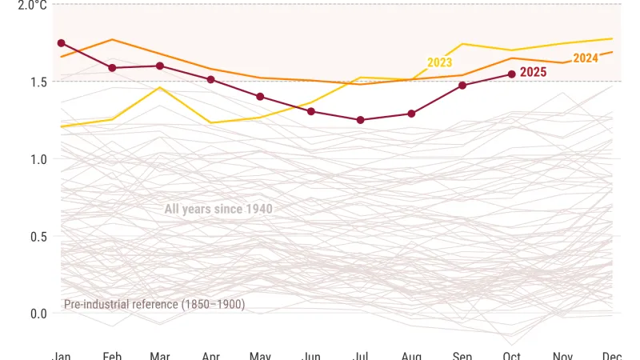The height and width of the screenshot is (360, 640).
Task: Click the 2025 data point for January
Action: [62, 43]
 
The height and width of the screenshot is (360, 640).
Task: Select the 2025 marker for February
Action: [112, 68]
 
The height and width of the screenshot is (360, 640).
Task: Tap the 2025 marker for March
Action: [160, 66]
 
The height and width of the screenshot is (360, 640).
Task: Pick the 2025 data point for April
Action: [210, 79]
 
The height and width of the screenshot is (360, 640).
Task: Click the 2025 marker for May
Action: [260, 97]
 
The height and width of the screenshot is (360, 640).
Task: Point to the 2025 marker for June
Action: [310, 111]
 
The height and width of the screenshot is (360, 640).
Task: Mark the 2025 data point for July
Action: [361, 120]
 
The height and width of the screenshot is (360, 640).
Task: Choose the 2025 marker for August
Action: [411, 114]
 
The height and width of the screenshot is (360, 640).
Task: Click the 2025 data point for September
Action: [462, 86]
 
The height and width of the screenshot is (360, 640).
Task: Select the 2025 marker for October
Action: [511, 74]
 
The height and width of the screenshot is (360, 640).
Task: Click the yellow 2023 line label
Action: [439, 62]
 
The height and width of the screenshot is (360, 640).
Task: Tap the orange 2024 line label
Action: [586, 58]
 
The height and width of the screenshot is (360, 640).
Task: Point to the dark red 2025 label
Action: [533, 72]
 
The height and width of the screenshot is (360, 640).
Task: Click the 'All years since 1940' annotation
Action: [218, 210]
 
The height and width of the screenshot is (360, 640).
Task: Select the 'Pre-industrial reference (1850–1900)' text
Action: [154, 304]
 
